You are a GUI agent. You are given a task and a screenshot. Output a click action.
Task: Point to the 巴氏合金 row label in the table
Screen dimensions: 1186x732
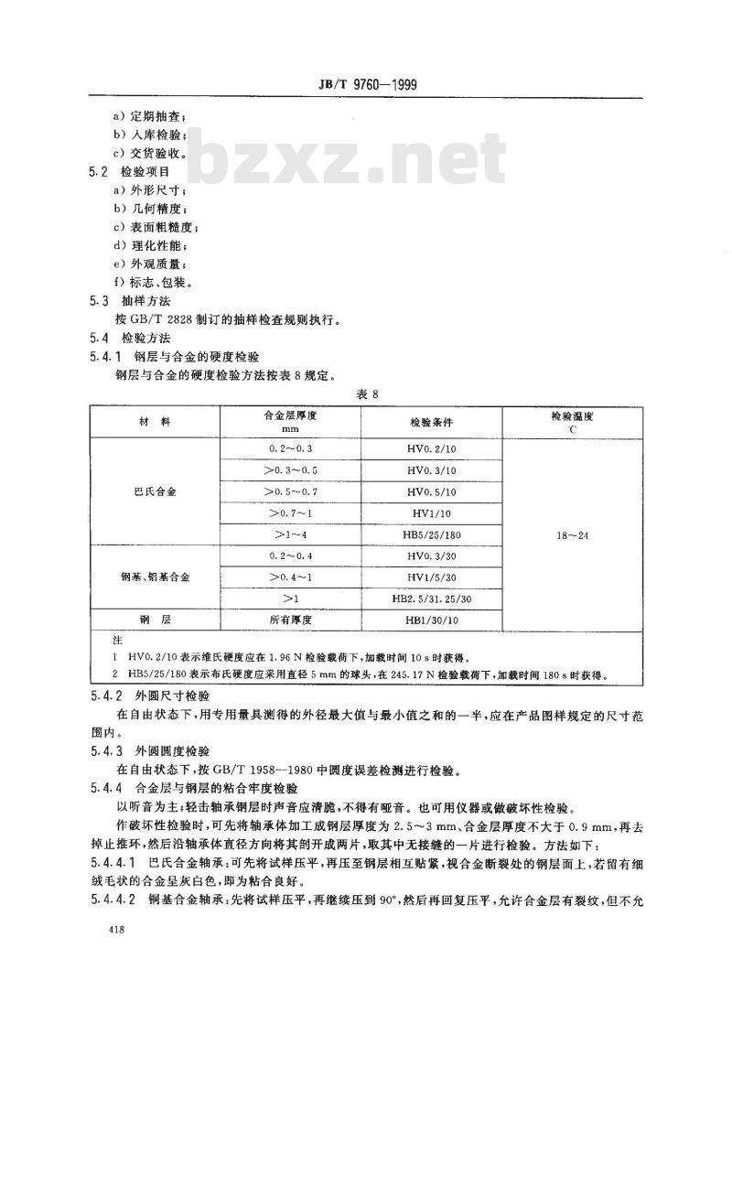coord(155,492)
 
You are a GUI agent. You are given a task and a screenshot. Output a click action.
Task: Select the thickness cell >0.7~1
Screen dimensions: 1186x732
coord(291,514)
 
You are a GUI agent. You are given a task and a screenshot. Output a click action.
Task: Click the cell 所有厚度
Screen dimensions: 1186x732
coord(291,620)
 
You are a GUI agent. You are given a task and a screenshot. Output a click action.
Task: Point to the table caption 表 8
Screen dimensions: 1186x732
coord(367,394)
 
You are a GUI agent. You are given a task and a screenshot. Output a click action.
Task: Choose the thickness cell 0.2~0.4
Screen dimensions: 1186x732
coord(291,556)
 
